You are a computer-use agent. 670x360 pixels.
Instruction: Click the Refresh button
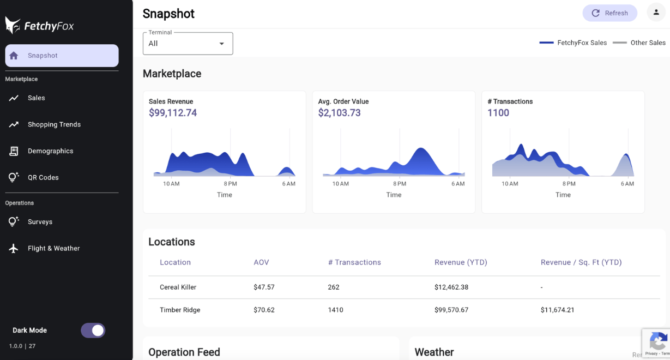(x=609, y=13)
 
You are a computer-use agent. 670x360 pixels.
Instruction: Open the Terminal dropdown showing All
(x=188, y=44)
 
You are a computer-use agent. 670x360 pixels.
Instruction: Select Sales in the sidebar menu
(x=37, y=98)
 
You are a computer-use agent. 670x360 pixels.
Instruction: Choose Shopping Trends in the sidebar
(x=54, y=124)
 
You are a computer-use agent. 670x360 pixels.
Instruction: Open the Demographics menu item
(x=50, y=151)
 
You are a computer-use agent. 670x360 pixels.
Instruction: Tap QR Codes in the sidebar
(x=43, y=177)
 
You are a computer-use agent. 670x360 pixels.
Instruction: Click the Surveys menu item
(x=40, y=222)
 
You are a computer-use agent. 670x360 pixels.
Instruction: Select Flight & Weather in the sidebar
(x=53, y=248)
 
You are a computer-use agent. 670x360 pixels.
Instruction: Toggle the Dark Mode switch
(x=93, y=331)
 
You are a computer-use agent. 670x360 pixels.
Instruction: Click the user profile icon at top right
(x=656, y=13)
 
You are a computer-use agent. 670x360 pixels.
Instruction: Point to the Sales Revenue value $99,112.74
(x=173, y=113)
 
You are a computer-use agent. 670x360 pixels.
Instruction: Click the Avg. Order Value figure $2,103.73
(x=339, y=113)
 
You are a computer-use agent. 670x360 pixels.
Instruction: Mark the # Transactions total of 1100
(x=498, y=113)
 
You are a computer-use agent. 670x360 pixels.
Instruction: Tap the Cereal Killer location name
(x=178, y=287)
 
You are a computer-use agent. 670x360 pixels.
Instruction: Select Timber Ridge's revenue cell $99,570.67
(x=451, y=310)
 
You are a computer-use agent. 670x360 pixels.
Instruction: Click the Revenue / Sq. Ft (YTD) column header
(x=581, y=262)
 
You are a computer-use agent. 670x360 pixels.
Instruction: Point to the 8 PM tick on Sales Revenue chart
(x=230, y=184)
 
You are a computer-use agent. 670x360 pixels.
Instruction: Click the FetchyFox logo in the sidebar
(x=39, y=26)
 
